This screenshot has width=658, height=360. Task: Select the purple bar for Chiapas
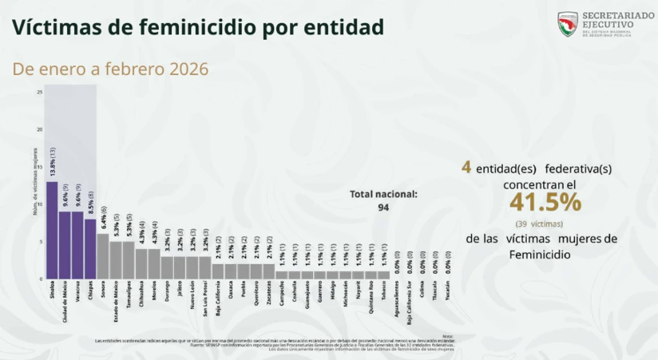click(90, 248)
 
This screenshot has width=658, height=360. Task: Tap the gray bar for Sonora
click(103, 255)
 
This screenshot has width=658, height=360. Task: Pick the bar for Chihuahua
click(141, 263)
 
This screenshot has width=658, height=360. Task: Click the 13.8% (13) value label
click(52, 163)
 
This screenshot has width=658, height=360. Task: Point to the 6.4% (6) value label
click(103, 218)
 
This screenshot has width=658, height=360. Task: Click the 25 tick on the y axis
click(40, 92)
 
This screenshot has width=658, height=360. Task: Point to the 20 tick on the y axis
click(40, 129)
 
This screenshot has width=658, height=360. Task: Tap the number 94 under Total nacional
click(383, 208)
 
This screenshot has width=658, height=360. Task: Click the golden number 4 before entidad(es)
click(466, 168)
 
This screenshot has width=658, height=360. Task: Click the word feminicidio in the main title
click(197, 27)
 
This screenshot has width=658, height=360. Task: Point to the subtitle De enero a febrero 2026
click(110, 69)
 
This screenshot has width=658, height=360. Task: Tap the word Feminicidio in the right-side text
click(540, 255)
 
